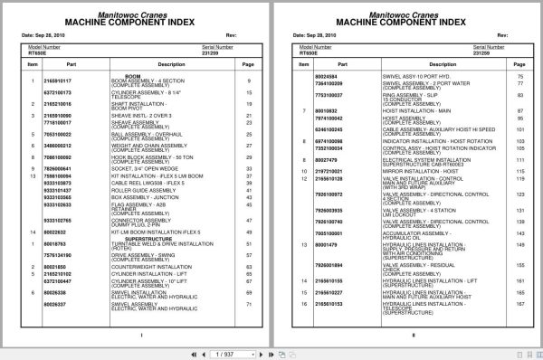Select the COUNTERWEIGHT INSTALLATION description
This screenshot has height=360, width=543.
click(x=150, y=268)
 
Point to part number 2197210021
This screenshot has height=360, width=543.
click(x=329, y=170)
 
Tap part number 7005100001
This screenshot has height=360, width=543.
click(x=329, y=232)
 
